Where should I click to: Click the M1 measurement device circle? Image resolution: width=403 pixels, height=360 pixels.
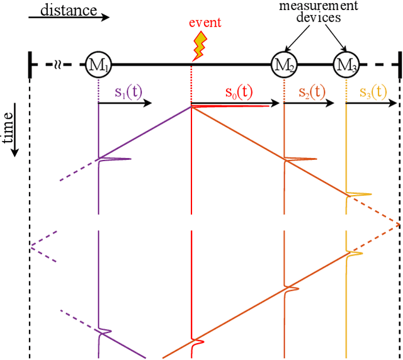click(x=98, y=64)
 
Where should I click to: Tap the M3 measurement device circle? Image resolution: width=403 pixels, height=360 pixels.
click(x=346, y=64)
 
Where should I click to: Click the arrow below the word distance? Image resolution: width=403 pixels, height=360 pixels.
click(x=69, y=20)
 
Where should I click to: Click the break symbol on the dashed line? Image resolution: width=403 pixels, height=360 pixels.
click(x=58, y=64)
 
